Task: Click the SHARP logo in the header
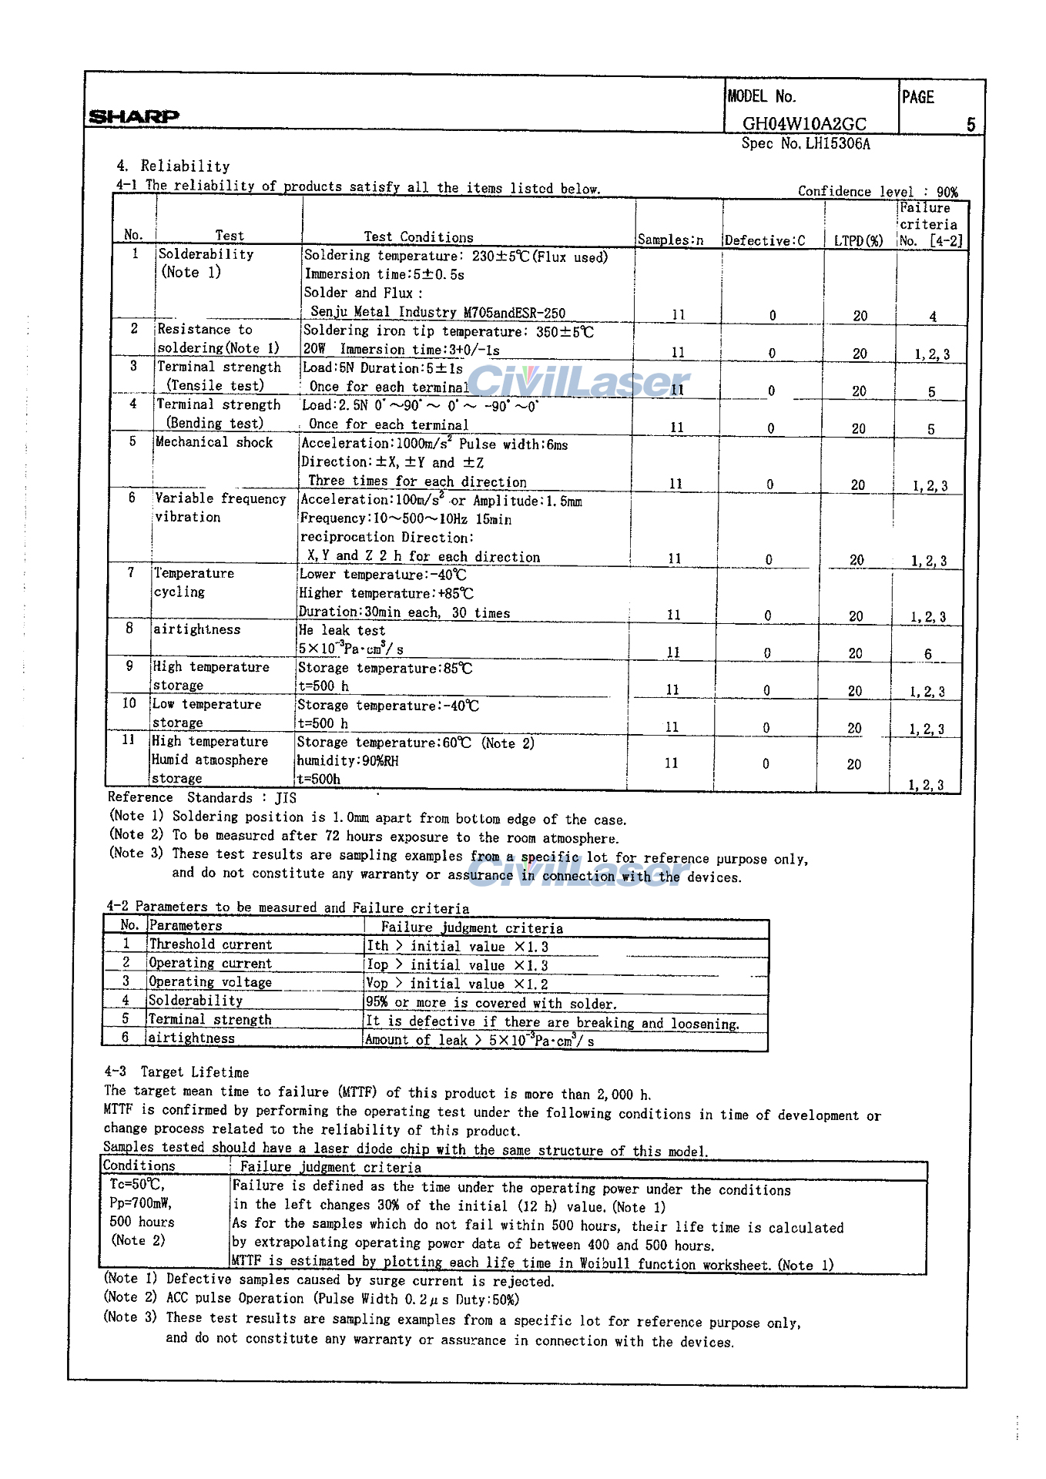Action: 134,116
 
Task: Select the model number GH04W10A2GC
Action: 804,124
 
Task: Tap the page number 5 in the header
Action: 971,124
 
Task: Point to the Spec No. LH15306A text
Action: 806,144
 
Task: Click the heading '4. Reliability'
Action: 173,166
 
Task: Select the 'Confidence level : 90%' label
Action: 877,191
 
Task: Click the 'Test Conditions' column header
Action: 418,237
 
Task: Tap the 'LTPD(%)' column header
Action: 858,240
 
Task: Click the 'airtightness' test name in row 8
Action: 196,629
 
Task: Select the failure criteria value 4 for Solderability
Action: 933,316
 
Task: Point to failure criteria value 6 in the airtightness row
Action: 928,654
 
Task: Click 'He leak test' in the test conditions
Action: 341,630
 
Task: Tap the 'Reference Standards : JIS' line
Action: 202,797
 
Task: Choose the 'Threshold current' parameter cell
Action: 210,944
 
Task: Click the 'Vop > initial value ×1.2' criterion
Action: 457,984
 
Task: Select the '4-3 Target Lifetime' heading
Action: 177,1072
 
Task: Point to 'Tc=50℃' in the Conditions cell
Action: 137,1185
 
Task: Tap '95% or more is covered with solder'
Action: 491,1003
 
